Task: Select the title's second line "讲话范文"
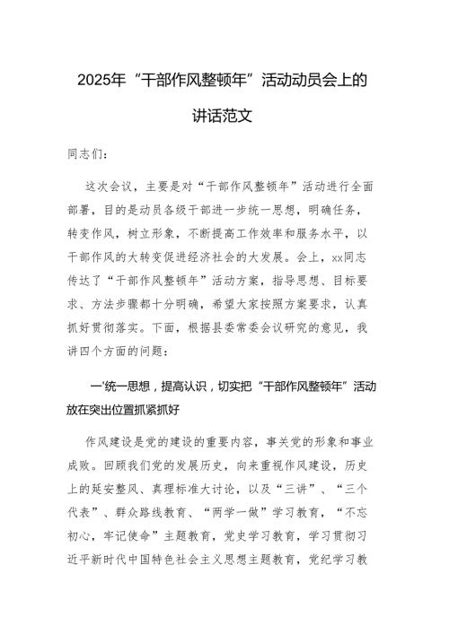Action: pyautogui.click(x=224, y=117)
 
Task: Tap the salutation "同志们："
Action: pyautogui.click(x=93, y=153)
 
